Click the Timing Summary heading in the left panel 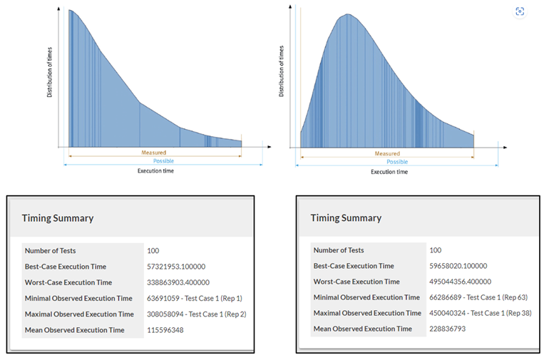click(x=57, y=218)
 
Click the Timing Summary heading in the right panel click(x=346, y=218)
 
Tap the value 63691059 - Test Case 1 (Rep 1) click(x=194, y=298)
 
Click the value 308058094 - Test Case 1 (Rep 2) click(x=196, y=314)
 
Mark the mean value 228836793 click(x=451, y=329)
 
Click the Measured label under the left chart click(x=153, y=153)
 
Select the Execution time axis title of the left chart click(x=155, y=171)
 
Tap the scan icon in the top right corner click(x=520, y=11)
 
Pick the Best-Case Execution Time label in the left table click(x=65, y=267)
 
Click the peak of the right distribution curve click(x=347, y=14)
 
